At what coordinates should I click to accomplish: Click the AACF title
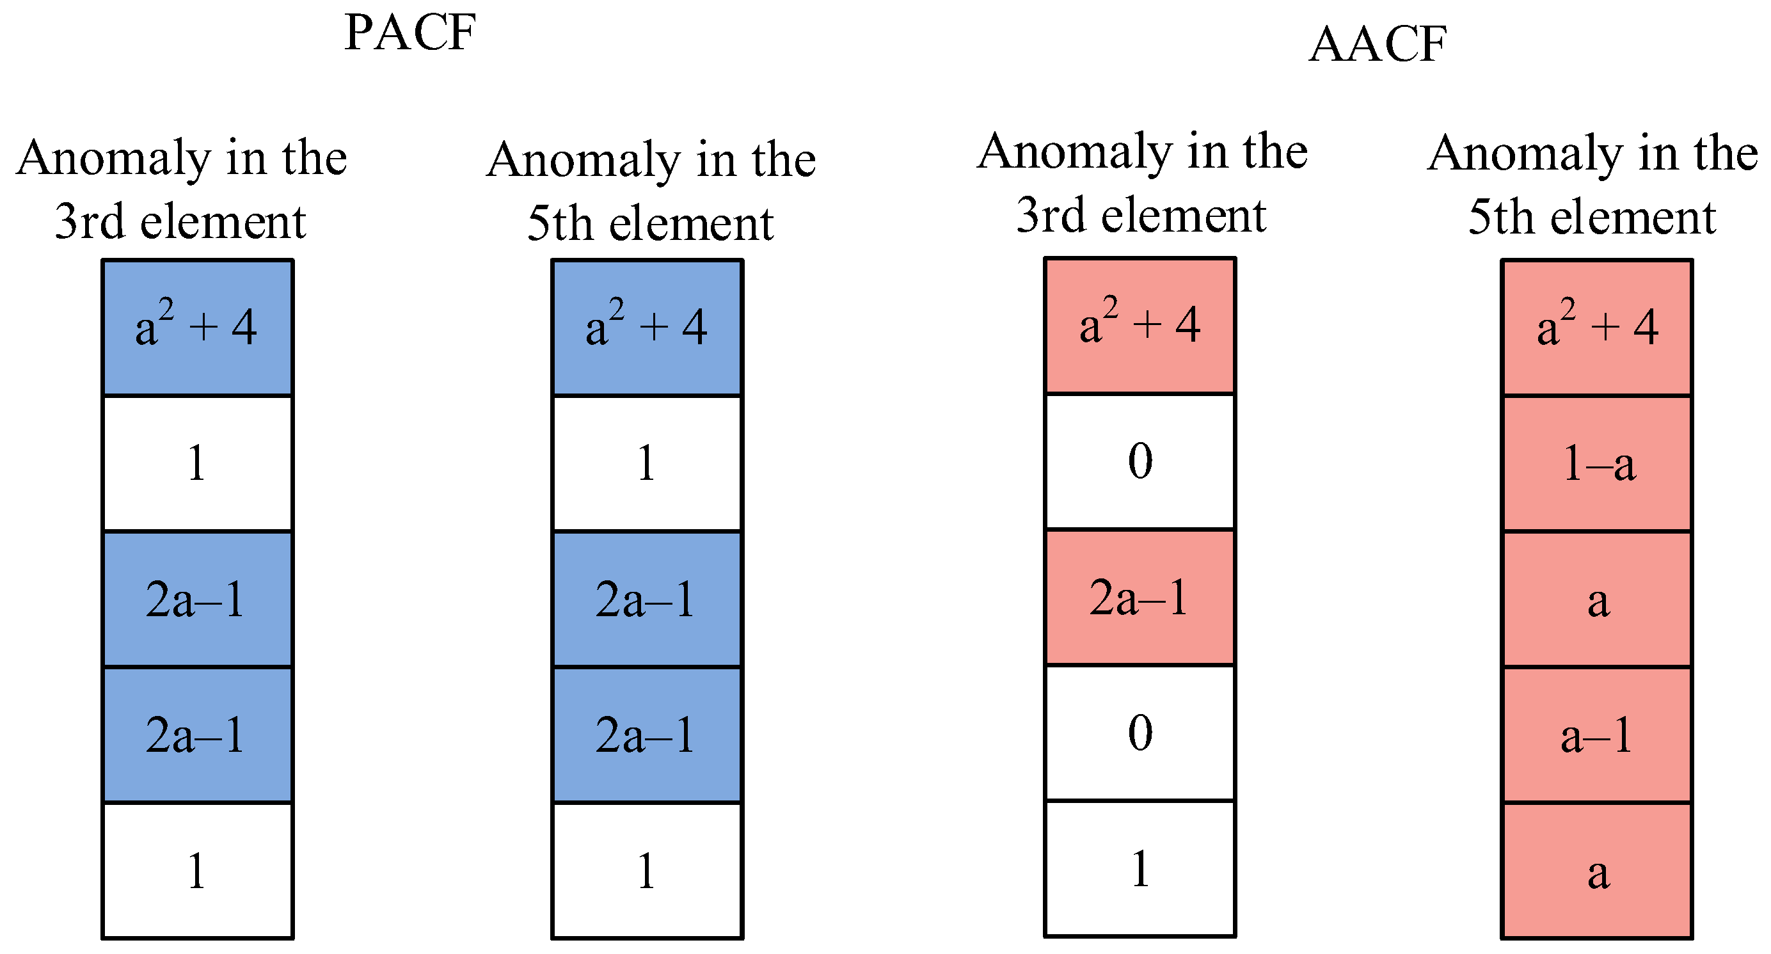tap(1378, 44)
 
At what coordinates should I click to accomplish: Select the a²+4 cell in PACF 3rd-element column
tap(197, 328)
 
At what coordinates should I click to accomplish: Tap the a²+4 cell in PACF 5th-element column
tap(647, 328)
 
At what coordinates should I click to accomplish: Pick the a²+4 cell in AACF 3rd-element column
tap(1140, 326)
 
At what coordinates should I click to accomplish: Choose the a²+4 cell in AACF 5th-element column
tap(1596, 328)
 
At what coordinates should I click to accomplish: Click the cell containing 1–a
tap(1596, 463)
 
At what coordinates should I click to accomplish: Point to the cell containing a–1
tap(1596, 735)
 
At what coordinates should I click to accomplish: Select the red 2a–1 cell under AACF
tap(1140, 597)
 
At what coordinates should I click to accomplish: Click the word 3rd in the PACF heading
tap(90, 221)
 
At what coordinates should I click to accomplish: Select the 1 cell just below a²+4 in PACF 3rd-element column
tap(197, 463)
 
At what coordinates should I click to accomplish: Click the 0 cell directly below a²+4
tap(1140, 461)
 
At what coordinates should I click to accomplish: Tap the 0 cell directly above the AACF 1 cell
tap(1140, 733)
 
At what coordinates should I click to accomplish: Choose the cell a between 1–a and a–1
tap(1596, 600)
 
